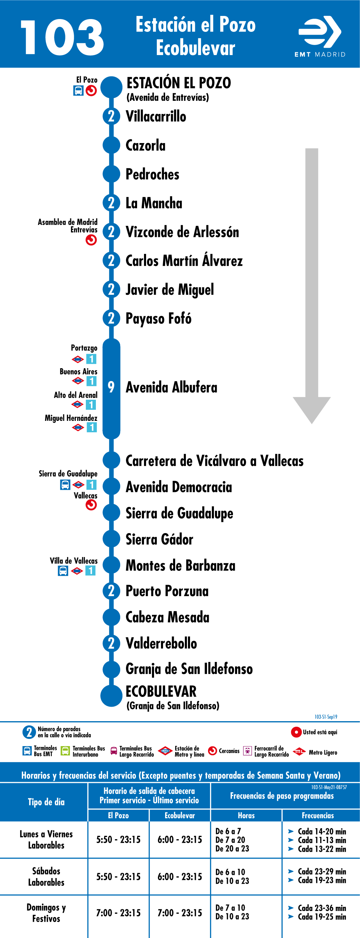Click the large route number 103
[62, 37]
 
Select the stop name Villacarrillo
[156, 116]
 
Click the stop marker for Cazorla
[111, 145]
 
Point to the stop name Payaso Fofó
[158, 318]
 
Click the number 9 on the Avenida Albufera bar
[111, 387]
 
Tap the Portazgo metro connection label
[84, 348]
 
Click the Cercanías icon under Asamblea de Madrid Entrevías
[91, 240]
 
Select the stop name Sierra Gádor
[159, 539]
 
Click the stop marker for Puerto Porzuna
[111, 591]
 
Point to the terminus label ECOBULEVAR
[161, 691]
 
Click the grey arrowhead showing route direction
[312, 409]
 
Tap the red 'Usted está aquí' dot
[296, 732]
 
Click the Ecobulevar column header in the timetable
[179, 816]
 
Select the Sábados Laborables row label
[46, 876]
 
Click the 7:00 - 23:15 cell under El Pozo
[118, 913]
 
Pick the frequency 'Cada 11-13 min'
[322, 840]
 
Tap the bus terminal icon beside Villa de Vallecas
[63, 570]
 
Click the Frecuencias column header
[318, 816]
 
